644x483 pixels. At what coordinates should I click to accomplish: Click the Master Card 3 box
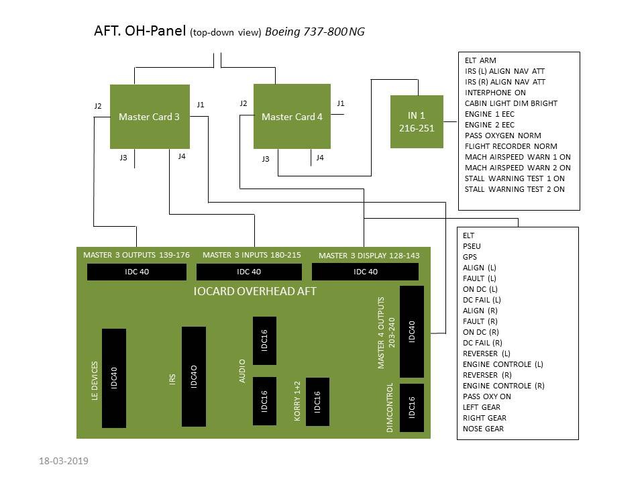(150, 117)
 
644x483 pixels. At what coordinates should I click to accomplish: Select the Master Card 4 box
(292, 116)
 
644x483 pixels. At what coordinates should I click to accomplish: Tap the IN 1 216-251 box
(417, 121)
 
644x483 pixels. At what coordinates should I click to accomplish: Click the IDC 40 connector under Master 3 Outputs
(137, 272)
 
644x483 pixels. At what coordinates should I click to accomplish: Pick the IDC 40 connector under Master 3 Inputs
(249, 272)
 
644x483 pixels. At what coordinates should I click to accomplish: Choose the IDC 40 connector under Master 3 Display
(365, 272)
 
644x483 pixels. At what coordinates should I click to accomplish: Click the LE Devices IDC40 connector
(114, 378)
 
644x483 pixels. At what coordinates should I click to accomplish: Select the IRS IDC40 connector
(194, 376)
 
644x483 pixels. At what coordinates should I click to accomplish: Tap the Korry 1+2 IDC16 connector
(317, 402)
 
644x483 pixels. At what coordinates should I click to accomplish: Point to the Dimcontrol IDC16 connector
(411, 407)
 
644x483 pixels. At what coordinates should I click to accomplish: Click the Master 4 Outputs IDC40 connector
(411, 331)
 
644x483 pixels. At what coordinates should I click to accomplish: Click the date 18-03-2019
(64, 461)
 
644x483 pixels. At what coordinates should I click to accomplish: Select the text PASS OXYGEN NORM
(502, 136)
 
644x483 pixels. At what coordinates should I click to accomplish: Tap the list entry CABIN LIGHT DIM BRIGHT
(511, 103)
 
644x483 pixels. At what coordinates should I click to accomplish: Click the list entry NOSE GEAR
(483, 429)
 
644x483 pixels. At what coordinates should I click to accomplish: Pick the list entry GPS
(470, 257)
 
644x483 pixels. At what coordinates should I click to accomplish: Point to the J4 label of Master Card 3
(182, 156)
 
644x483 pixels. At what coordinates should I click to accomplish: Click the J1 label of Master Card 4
(341, 103)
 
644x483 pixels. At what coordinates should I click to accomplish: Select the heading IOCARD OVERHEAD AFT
(255, 291)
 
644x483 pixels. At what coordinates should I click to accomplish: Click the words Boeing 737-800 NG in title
(315, 32)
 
